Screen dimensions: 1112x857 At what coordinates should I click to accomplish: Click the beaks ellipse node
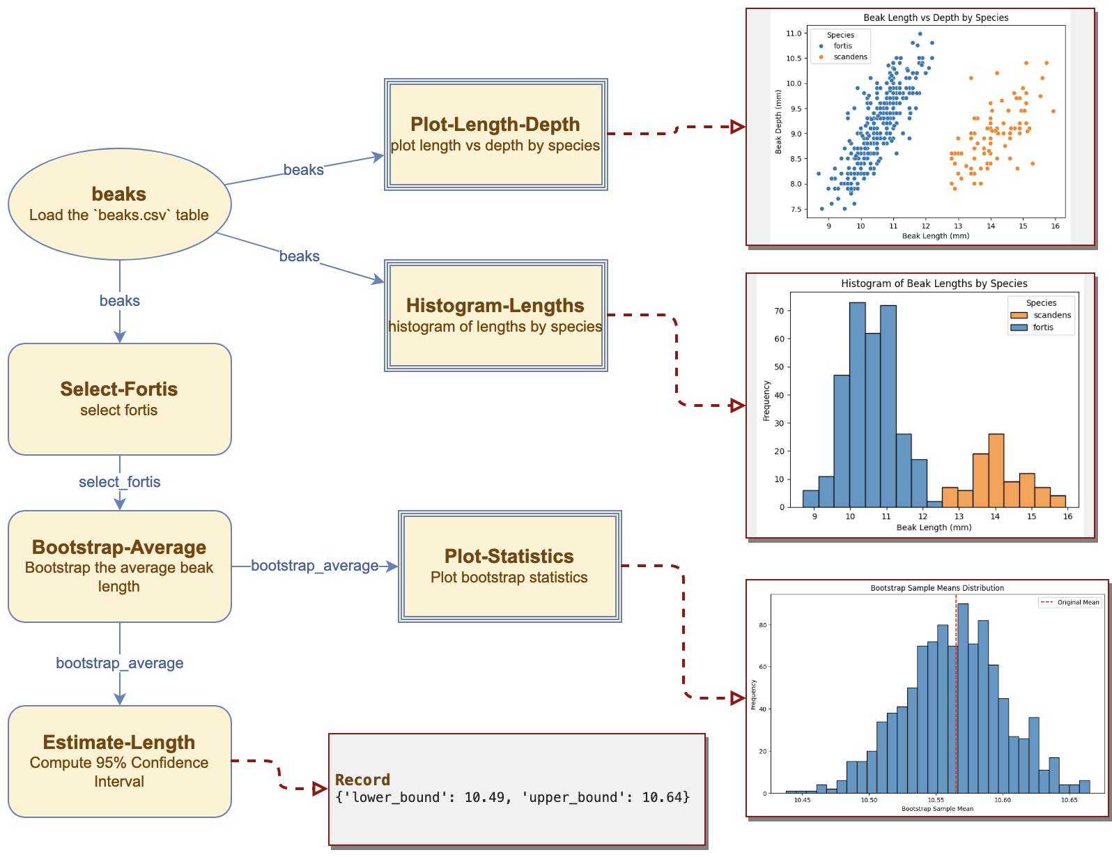tap(119, 203)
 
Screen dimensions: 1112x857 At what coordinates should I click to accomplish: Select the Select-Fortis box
tap(119, 399)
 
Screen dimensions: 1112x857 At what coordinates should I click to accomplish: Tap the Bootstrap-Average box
tap(119, 566)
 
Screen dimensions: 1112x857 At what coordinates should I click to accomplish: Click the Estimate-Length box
tap(119, 761)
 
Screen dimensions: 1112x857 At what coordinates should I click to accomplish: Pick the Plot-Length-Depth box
tap(495, 134)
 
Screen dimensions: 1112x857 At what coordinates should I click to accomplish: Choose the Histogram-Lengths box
tap(495, 315)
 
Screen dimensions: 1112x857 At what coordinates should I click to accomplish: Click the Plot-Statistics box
tap(509, 566)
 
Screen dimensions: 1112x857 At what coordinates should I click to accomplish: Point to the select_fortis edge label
tap(119, 481)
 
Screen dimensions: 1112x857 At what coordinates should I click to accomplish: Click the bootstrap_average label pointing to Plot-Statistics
tap(314, 565)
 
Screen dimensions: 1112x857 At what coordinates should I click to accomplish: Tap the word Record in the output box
tap(362, 779)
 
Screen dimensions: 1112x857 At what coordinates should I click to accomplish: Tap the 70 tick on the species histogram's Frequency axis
tap(778, 311)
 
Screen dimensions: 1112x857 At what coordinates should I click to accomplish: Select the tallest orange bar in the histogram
tap(996, 470)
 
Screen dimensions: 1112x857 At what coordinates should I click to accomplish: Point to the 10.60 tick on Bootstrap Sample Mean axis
tap(1002, 800)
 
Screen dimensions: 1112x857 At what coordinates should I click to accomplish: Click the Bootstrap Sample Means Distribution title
tap(936, 588)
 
